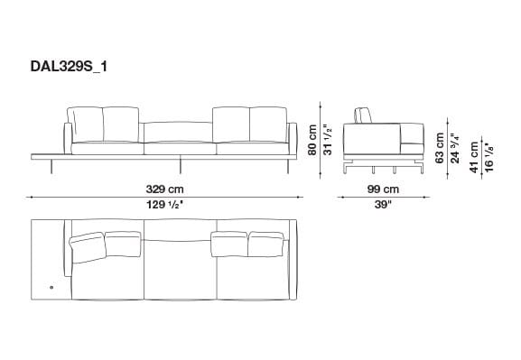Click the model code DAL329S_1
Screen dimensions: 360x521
click(68, 67)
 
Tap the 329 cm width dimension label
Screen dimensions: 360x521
click(165, 189)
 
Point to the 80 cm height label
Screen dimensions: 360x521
click(313, 140)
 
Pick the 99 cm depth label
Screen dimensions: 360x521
click(383, 189)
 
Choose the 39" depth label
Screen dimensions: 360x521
click(383, 205)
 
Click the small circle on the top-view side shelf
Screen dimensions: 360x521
click(51, 288)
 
